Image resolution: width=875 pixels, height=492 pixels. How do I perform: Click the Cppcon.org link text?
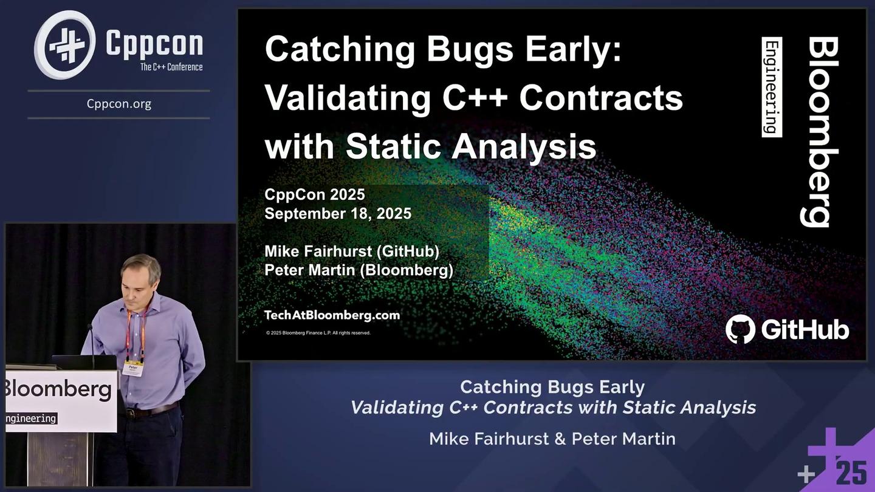click(x=118, y=104)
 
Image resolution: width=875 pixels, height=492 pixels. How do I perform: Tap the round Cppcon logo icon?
click(x=65, y=45)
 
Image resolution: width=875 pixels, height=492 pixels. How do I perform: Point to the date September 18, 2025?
click(x=338, y=214)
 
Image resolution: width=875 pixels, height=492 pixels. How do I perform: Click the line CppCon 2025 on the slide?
click(x=315, y=194)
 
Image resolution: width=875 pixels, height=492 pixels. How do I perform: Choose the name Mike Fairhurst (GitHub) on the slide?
click(x=352, y=250)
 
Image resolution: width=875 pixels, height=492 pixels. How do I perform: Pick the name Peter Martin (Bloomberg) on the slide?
click(x=359, y=270)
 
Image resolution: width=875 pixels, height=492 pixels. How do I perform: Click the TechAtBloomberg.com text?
click(x=332, y=315)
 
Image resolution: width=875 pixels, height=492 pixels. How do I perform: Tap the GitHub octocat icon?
click(x=740, y=329)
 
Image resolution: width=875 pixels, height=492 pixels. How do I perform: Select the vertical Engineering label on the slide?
click(x=772, y=86)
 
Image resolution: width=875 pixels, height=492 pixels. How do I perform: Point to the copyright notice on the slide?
click(x=318, y=333)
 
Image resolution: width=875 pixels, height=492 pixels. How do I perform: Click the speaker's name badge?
click(x=133, y=369)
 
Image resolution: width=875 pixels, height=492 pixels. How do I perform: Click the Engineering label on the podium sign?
click(x=30, y=419)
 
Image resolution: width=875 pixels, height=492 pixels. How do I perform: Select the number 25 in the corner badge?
click(x=851, y=473)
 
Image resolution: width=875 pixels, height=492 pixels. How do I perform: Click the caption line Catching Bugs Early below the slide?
click(x=552, y=387)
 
